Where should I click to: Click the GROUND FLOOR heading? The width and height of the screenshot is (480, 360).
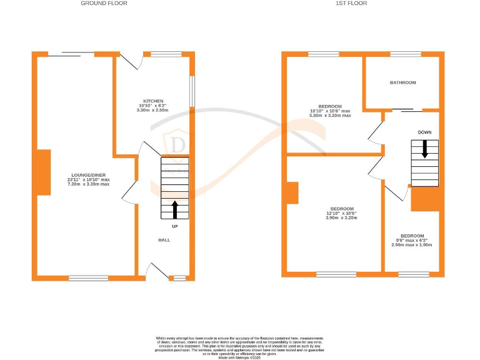[104, 3]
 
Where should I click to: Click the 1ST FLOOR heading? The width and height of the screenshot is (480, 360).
[352, 3]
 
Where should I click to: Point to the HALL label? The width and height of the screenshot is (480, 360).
[164, 240]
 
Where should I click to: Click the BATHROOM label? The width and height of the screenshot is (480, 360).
[402, 82]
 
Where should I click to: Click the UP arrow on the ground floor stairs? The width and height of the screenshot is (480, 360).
[174, 208]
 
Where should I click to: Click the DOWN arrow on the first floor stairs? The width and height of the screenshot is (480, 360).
[425, 149]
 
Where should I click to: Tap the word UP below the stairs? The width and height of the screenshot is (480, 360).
[174, 226]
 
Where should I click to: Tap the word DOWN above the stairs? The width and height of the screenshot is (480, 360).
[425, 132]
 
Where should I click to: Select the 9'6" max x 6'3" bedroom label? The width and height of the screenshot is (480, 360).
[413, 240]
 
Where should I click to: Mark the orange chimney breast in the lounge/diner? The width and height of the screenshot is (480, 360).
[43, 172]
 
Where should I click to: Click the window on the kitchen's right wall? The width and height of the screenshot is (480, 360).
[192, 87]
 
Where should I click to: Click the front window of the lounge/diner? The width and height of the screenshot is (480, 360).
[88, 277]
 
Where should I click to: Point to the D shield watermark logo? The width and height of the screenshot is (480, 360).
[177, 144]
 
